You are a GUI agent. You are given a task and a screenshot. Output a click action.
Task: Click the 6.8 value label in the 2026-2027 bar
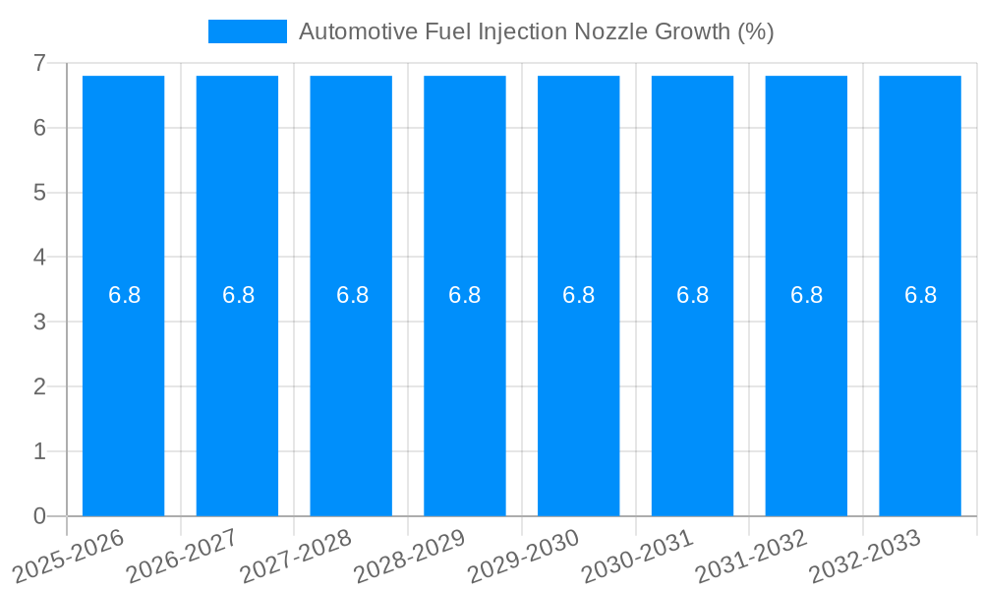tap(238, 295)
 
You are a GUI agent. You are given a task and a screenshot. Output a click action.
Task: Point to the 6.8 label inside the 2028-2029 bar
tap(464, 295)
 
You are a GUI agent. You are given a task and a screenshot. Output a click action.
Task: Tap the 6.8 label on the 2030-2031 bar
tap(692, 295)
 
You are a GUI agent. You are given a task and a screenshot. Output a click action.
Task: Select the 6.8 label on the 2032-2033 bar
tap(920, 295)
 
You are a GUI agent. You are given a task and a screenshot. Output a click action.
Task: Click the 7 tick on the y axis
tap(39, 63)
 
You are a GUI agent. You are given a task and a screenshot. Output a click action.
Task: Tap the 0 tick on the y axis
tap(39, 516)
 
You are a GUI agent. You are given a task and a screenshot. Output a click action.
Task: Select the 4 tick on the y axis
tap(39, 258)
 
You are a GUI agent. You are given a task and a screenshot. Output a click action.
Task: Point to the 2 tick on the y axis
tap(39, 386)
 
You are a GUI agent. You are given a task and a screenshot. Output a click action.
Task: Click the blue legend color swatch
tap(247, 31)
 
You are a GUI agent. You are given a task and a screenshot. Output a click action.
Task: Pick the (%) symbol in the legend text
tap(755, 31)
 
